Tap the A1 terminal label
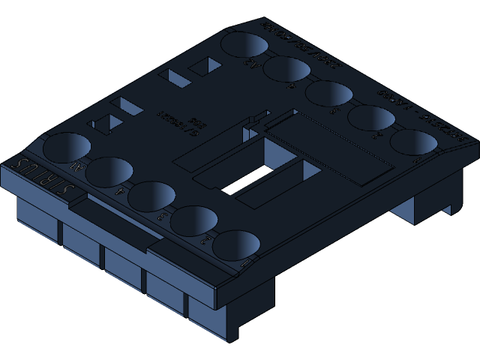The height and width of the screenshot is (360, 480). (76, 166)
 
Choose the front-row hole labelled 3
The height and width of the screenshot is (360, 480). (151, 195)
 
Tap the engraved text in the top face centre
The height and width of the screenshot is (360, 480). (176, 120)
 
